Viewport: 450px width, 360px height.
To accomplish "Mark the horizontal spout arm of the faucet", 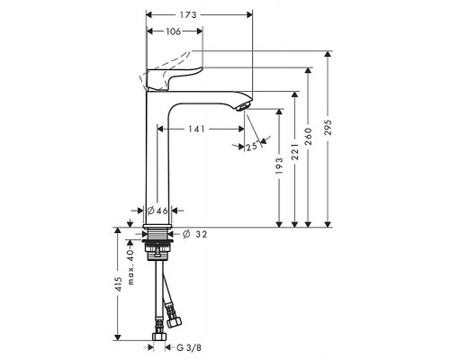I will click(x=211, y=95).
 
